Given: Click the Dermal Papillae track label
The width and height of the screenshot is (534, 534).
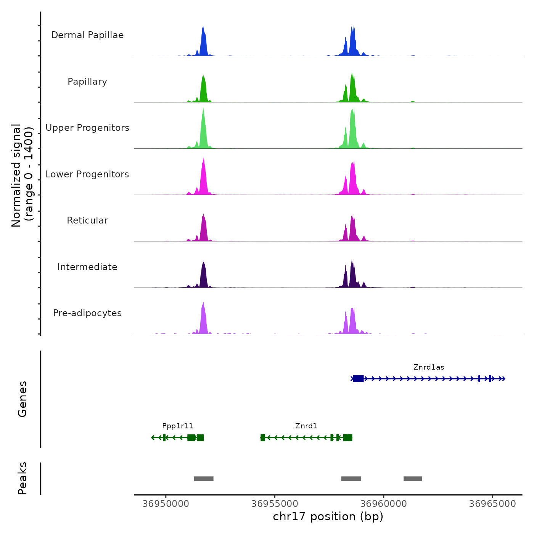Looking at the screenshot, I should (87, 35).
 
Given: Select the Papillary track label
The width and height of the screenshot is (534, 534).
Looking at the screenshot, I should (87, 82).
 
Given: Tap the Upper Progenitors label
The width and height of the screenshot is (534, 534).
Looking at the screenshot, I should (87, 128).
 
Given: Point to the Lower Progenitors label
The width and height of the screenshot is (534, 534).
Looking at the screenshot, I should (87, 174).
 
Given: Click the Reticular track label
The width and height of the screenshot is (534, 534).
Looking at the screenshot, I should (87, 220).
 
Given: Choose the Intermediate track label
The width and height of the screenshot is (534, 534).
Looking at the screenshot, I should (87, 267).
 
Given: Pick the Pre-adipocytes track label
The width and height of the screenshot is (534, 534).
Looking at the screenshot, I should (87, 313).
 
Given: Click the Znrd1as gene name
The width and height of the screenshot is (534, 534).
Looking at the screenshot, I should (429, 367).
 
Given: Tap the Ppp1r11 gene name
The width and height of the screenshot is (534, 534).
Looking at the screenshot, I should (178, 426).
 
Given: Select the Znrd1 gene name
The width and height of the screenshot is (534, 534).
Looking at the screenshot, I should (306, 426).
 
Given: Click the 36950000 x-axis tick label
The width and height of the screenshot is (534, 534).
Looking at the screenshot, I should (166, 504).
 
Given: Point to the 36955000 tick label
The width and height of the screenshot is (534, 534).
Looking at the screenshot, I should (275, 504).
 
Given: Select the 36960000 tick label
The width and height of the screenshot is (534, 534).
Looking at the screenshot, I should (384, 504).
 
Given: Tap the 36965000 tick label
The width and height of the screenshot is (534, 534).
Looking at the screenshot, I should (492, 504).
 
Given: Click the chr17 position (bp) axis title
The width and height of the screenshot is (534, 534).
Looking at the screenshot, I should (328, 516).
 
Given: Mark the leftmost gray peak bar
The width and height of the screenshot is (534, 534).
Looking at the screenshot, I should (204, 479).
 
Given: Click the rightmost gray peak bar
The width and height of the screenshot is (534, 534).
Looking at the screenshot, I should (413, 479).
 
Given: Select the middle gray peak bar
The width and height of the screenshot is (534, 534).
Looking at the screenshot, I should (351, 479).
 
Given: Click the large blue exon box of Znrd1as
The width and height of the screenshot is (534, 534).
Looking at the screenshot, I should (358, 378).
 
